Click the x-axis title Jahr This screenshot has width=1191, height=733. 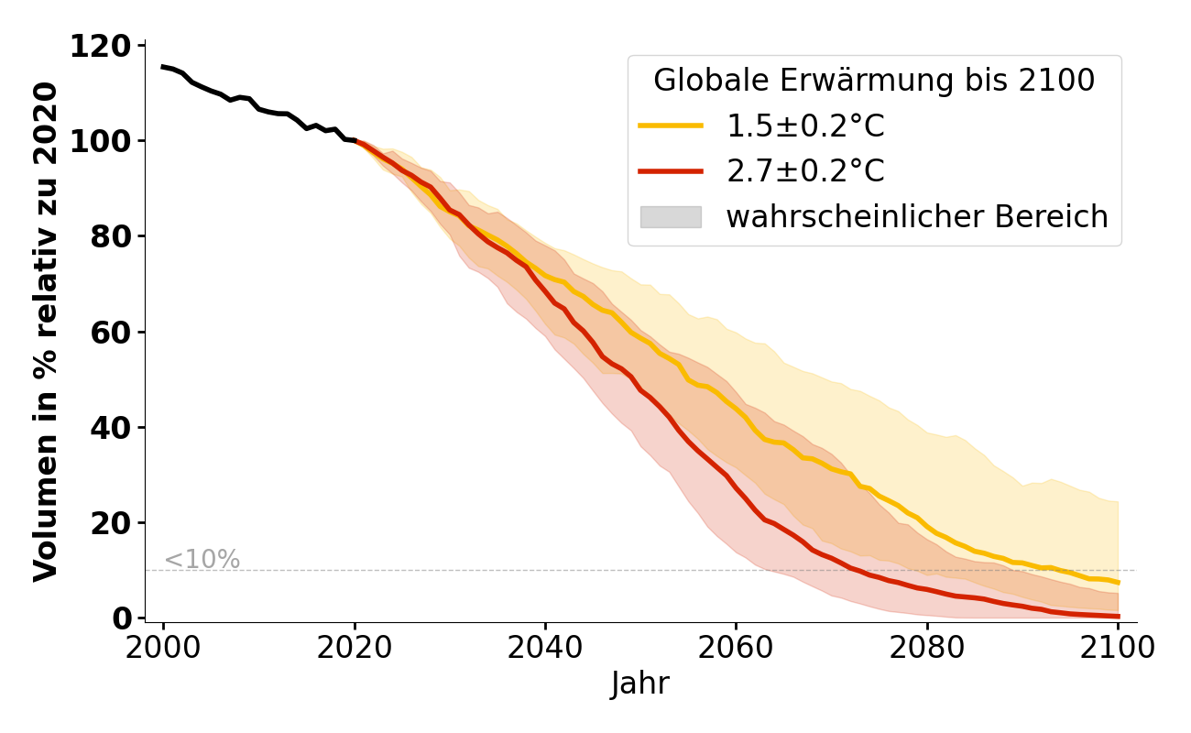click(x=640, y=684)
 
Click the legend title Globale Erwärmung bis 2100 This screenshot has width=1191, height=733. click(x=874, y=81)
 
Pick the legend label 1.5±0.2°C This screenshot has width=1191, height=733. click(x=805, y=126)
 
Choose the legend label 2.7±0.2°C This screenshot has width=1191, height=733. click(x=805, y=171)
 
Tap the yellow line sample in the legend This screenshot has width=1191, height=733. click(x=671, y=126)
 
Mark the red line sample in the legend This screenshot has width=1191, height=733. click(x=671, y=171)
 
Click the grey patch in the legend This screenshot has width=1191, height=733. click(x=671, y=217)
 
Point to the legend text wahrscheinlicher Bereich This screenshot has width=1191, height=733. click(x=917, y=217)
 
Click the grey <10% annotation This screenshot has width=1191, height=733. click(x=202, y=559)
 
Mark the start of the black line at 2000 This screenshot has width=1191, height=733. click(x=163, y=66)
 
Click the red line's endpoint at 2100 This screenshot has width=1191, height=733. click(x=1118, y=617)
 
